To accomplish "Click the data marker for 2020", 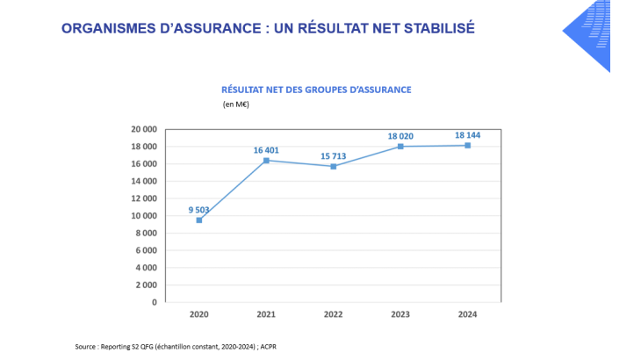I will (x=199, y=220).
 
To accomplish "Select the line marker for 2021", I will (x=266, y=160).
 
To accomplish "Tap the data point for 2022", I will (x=333, y=166).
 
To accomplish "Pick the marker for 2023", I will (x=400, y=146).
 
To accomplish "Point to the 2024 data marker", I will (x=467, y=145).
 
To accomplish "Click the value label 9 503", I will (x=199, y=209).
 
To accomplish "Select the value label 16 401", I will (x=266, y=150).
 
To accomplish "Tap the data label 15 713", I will (x=333, y=156).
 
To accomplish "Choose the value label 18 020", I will (x=400, y=136).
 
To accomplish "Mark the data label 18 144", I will (x=467, y=135).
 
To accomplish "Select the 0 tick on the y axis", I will (x=154, y=302).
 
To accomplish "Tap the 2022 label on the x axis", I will (x=333, y=313).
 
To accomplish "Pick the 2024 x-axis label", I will (x=467, y=313).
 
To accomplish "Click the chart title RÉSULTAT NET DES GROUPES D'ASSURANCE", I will (x=315, y=89).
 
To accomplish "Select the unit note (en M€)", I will (x=235, y=104).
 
